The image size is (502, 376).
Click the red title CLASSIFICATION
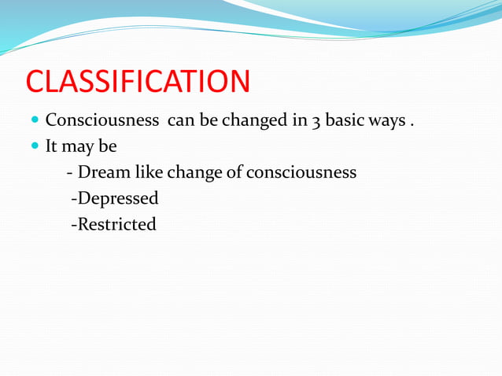pos(138,82)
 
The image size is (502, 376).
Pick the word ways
pos(390,122)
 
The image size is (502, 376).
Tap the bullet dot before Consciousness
pos(35,122)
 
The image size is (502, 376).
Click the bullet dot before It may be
pos(35,147)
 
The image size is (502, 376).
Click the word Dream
pos(105,171)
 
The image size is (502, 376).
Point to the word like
pos(148,171)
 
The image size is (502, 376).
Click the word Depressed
pos(118,198)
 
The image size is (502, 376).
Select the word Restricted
pos(116,224)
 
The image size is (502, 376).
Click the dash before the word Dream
pos(71,172)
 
